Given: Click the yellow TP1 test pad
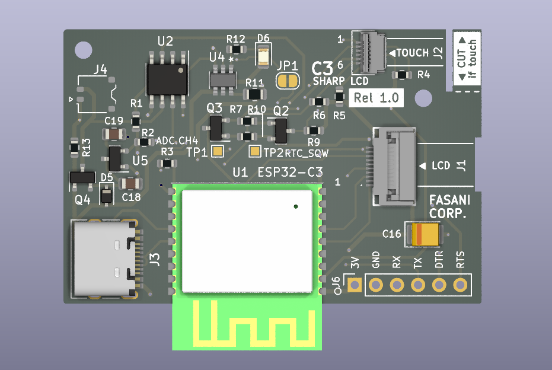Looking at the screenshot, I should point(218,152).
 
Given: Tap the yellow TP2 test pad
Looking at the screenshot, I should point(255,152).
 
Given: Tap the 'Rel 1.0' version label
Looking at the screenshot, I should point(376,98).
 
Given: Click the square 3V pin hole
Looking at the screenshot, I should point(355,285).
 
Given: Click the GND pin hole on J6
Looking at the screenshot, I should point(375,285).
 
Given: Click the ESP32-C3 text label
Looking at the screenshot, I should point(291,173).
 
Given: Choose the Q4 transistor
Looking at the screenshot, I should point(82,177).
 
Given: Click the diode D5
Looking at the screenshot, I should point(106,194).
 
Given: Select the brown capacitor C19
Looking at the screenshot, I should point(114,135).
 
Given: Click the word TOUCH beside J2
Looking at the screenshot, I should point(412,53).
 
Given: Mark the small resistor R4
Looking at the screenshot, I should point(403,75).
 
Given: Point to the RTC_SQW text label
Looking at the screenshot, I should point(307,153).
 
